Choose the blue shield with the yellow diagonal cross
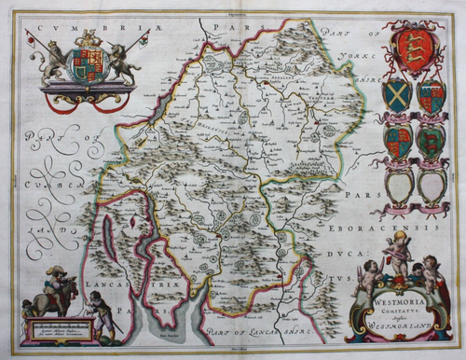pyautogui.click(x=396, y=95)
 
